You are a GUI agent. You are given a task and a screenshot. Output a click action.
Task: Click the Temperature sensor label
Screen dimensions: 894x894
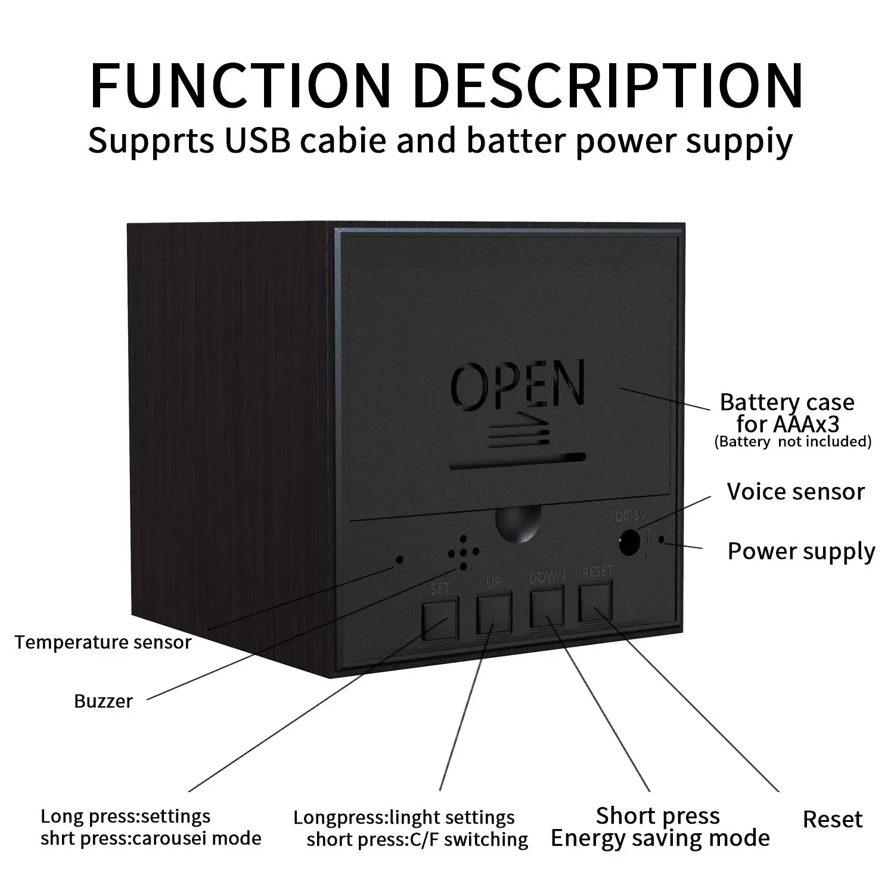[x=103, y=642]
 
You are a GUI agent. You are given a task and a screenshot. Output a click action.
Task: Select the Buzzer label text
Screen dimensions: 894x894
[x=103, y=701]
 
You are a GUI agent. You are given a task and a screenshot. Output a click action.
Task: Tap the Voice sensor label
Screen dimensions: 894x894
[x=795, y=492]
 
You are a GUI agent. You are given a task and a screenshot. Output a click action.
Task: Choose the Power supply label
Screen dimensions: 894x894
[x=801, y=552]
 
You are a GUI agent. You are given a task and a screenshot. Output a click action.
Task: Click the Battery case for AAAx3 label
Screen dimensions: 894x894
[x=787, y=413]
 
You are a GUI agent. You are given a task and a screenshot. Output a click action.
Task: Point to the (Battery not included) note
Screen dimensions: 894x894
[x=793, y=442]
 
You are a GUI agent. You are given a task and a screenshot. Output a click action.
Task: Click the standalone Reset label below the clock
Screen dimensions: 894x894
[x=832, y=819]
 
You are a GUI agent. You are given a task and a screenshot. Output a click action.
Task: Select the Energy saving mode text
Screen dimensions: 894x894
[x=660, y=839]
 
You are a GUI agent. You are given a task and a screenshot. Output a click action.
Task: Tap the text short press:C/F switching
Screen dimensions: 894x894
[x=417, y=840]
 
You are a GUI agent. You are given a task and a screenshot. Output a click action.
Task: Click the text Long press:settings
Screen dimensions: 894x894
[x=125, y=816]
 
